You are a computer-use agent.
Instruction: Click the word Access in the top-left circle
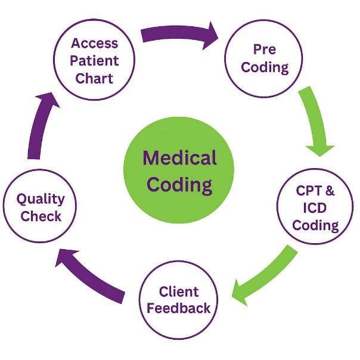point(95,43)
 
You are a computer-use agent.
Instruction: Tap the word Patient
point(95,60)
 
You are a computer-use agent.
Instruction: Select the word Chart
point(95,77)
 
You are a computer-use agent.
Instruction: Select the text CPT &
point(316,192)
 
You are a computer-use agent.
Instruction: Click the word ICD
point(316,209)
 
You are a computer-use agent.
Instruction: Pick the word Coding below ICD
point(316,225)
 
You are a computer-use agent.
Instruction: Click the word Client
point(179,291)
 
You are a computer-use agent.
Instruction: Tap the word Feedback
point(179,308)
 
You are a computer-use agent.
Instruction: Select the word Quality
point(41,199)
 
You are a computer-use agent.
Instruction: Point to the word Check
point(41,216)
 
